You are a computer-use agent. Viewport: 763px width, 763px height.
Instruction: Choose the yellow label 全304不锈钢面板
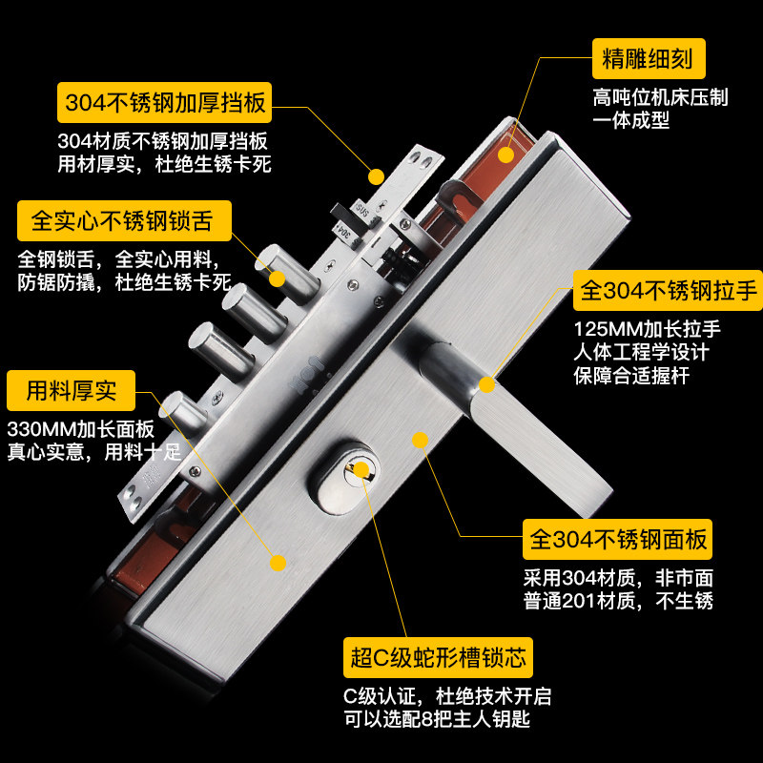coord(618,541)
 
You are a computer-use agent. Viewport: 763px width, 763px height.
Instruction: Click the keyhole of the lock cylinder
coord(361,468)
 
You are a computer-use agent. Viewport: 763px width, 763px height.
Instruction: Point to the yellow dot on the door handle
coord(486,384)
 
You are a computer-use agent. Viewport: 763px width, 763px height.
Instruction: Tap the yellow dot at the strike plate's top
coord(376,176)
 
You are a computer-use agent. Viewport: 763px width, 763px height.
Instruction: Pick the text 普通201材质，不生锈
coord(618,601)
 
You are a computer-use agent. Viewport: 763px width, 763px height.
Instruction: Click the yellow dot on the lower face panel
coord(278,563)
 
